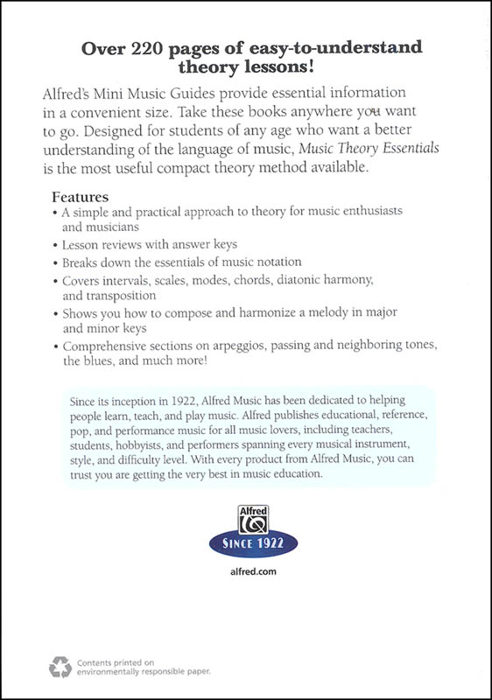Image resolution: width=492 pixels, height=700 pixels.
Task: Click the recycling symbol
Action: pyautogui.click(x=59, y=667)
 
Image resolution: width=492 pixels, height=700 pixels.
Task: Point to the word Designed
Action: pyautogui.click(x=100, y=133)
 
